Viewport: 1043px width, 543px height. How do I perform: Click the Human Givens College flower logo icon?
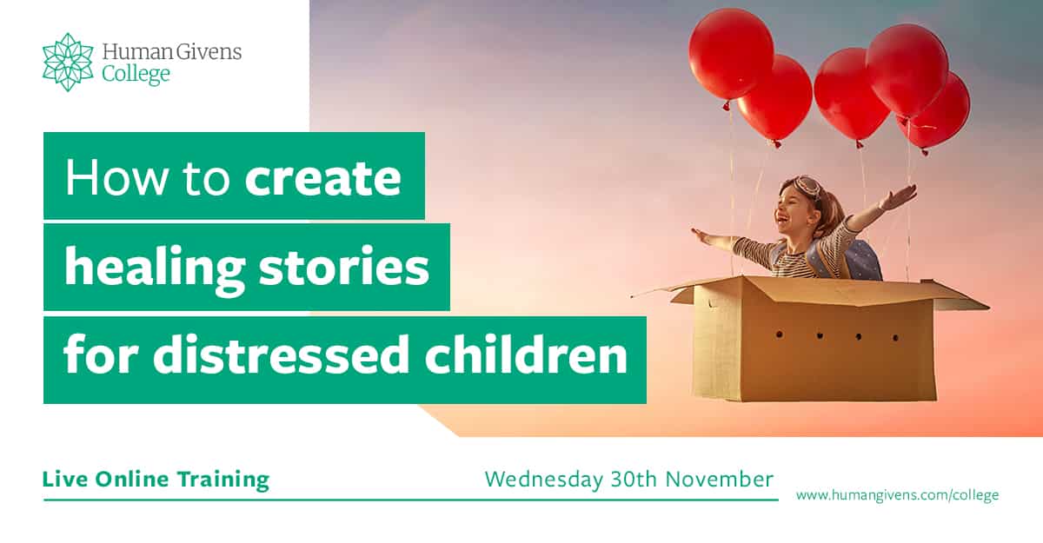(68, 62)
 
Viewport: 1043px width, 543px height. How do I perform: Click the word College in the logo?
(136, 75)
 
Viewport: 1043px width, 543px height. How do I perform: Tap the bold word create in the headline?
(322, 176)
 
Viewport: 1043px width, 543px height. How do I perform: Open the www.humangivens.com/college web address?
(897, 495)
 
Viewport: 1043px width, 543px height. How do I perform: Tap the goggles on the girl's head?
(805, 185)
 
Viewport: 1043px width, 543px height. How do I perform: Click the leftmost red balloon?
(731, 56)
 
